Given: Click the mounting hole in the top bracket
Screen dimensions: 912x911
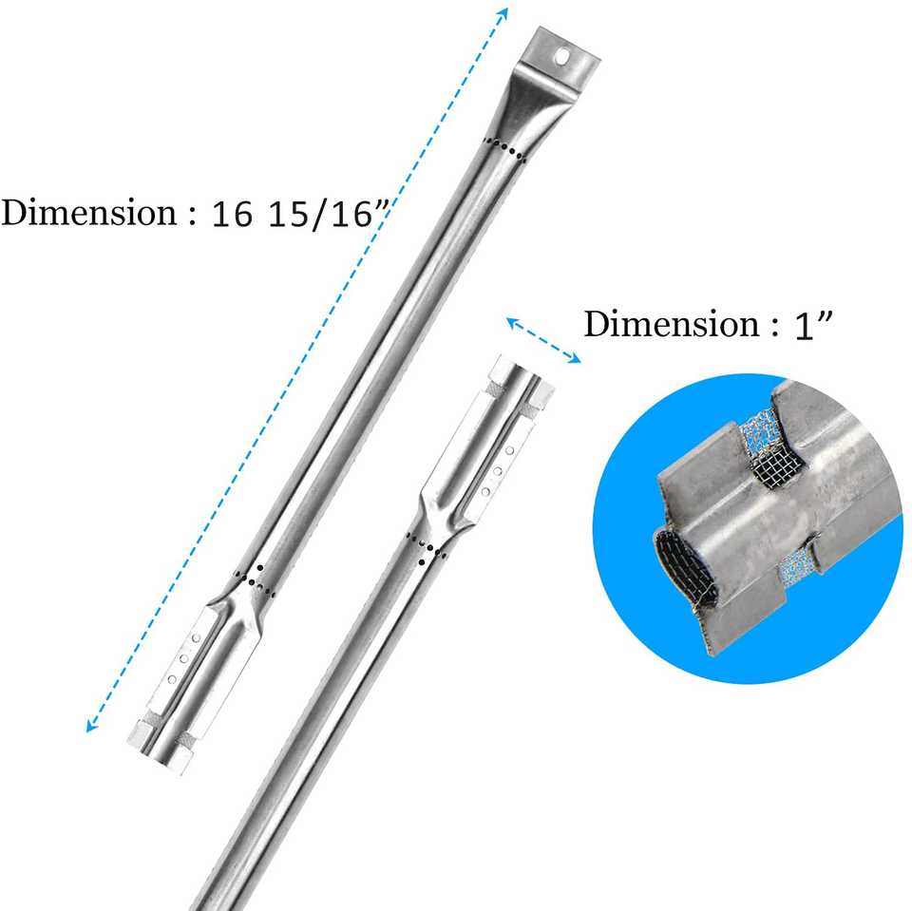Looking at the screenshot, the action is click(562, 56).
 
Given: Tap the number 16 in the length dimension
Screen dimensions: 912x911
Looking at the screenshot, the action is click(232, 214).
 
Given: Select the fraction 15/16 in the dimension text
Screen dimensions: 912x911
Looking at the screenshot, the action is click(320, 214).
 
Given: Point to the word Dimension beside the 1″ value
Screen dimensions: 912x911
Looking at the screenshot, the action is click(672, 323).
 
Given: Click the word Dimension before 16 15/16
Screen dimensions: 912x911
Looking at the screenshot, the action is click(89, 212).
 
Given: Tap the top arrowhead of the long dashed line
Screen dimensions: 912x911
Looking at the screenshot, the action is click(503, 14).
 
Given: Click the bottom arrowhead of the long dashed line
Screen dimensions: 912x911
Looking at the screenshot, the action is click(92, 724).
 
